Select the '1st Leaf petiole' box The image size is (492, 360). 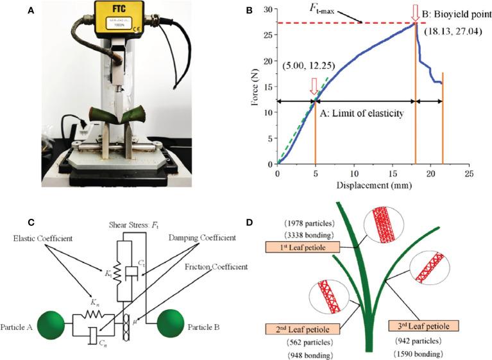tap(302, 247)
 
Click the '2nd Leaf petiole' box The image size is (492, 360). tap(301, 328)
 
